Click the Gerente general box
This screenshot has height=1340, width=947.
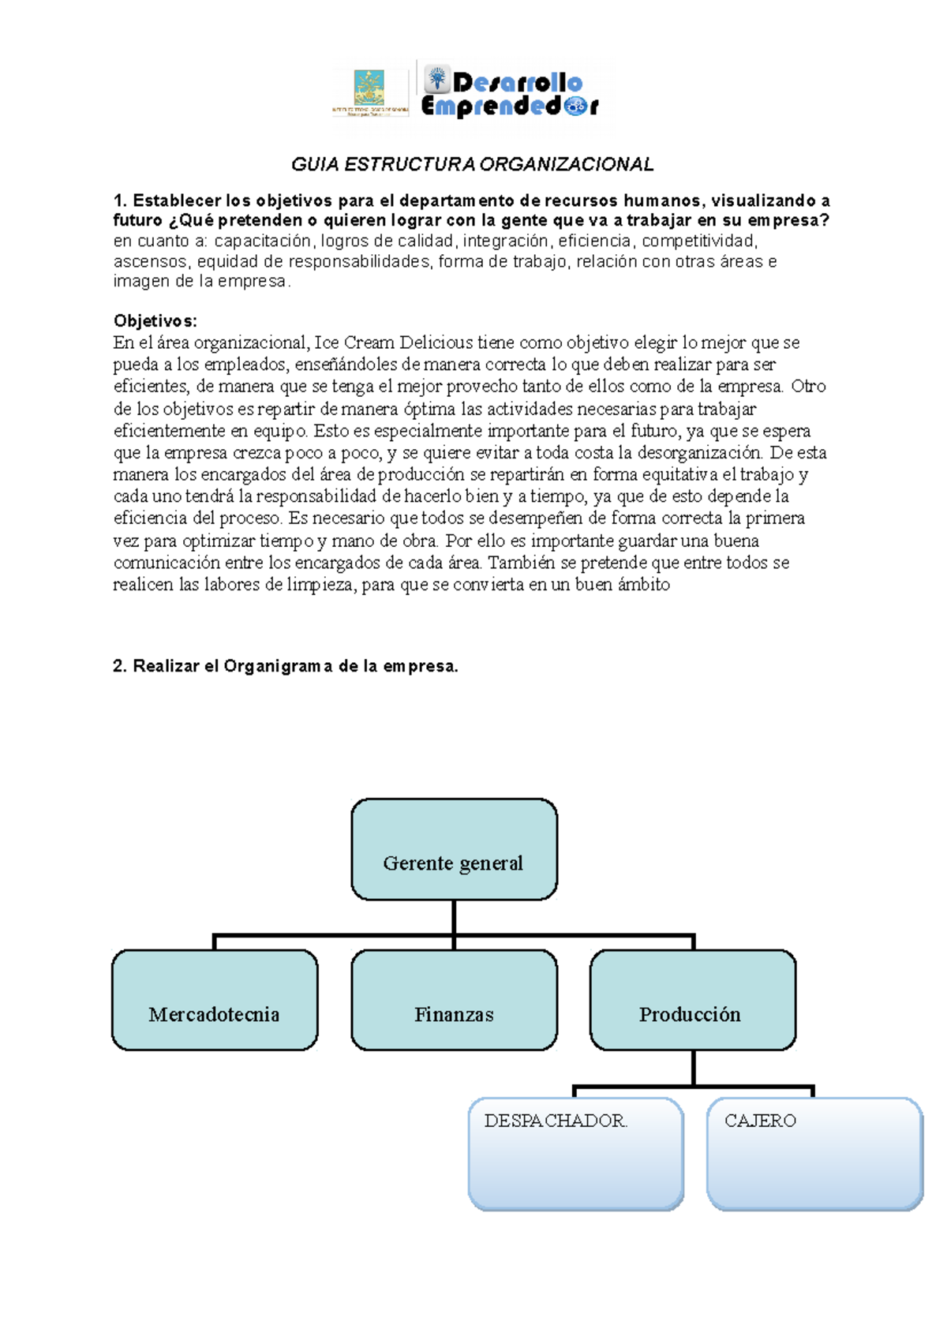click(x=454, y=849)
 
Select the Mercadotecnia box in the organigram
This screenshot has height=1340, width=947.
click(x=215, y=1000)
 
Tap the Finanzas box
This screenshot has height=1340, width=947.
click(x=454, y=1000)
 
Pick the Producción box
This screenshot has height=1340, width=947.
click(x=692, y=1000)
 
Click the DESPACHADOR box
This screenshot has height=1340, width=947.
click(x=575, y=1153)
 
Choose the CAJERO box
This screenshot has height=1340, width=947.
click(x=814, y=1153)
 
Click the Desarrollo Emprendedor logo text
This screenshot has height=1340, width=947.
click(x=510, y=93)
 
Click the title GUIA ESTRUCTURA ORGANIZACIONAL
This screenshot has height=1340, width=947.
click(x=472, y=164)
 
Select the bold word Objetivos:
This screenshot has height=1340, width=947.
click(x=155, y=320)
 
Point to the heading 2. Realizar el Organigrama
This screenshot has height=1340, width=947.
click(x=285, y=666)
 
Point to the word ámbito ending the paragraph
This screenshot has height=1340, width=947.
click(x=643, y=585)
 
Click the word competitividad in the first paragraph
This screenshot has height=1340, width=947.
click(x=698, y=241)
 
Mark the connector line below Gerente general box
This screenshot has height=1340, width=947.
click(x=454, y=917)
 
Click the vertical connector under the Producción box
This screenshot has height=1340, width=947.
click(x=693, y=1068)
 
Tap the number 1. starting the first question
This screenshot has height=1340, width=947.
click(x=120, y=200)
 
